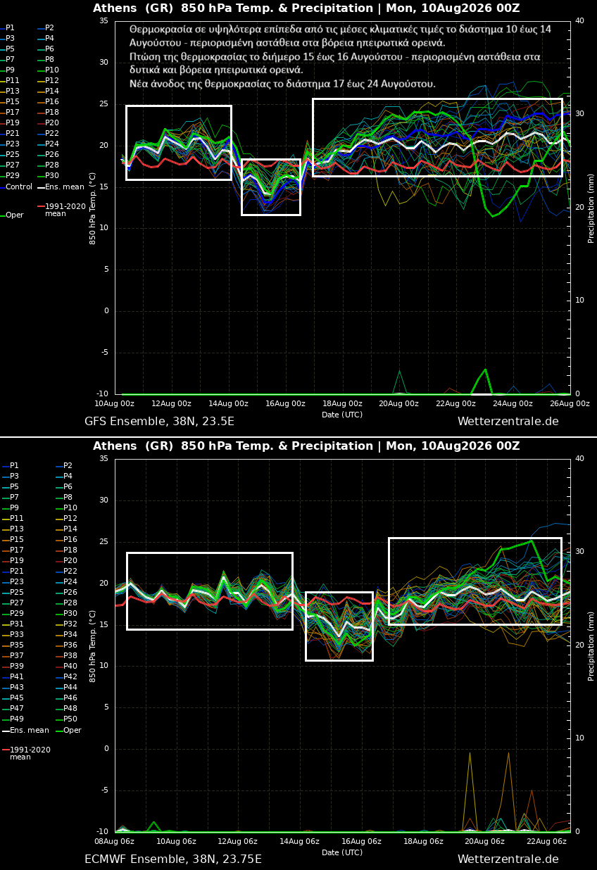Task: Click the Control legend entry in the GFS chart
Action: coord(16,187)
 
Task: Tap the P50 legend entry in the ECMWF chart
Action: coord(66,719)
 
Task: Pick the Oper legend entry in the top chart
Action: coord(12,215)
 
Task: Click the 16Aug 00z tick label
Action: coord(286,404)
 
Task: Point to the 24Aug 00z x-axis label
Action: coord(513,404)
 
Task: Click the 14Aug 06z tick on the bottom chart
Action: coord(299,842)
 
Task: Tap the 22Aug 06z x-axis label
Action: coord(546,842)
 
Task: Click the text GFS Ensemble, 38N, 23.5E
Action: coord(160,422)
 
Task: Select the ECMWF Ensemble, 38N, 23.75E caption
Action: coord(173,859)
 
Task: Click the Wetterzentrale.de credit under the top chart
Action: coord(508,422)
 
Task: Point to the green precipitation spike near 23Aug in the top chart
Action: coord(485,370)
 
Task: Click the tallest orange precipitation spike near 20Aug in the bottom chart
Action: coord(470,753)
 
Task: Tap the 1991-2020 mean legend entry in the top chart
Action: coord(61,210)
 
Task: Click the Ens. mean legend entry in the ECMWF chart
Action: coord(25,730)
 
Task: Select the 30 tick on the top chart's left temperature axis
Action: coord(103,63)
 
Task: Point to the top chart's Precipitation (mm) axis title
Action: coord(591,208)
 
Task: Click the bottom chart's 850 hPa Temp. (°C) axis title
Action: coord(92,646)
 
